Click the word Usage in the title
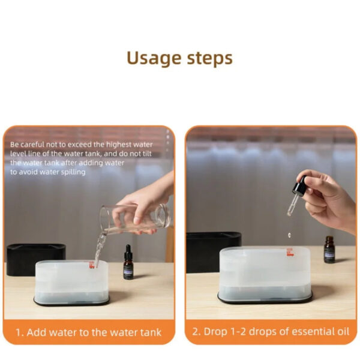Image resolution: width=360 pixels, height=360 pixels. [x=154, y=58]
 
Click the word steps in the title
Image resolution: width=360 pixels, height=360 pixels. [x=209, y=58]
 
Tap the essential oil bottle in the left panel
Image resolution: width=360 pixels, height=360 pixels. [x=128, y=262]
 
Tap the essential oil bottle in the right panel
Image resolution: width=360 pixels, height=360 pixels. [x=329, y=250]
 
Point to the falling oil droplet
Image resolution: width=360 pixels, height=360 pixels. [x=290, y=235]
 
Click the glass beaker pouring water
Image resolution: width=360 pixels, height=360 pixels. [x=136, y=218]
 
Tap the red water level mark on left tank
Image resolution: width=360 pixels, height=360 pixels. [x=92, y=265]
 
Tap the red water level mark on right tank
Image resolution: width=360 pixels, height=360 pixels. [x=290, y=252]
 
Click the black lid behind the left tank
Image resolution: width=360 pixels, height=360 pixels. [x=36, y=259]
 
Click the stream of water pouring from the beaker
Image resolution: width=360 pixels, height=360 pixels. [x=100, y=249]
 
